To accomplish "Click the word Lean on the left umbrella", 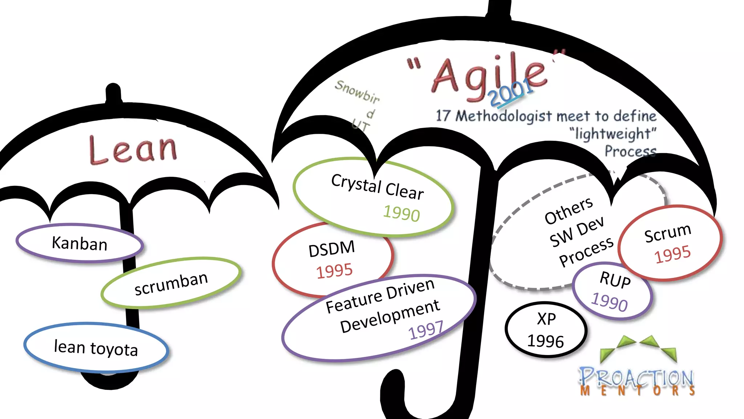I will point(133,149).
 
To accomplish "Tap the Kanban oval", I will point(80,243).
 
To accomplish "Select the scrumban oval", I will point(171,283).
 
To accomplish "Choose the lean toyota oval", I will point(96,348).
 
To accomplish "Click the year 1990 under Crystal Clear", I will point(401,213).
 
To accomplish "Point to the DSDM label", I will point(331,249).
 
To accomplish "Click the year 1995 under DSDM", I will point(334,271).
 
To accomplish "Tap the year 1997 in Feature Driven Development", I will point(426,330).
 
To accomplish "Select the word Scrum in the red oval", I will point(667,233).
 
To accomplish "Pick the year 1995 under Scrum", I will point(672,254).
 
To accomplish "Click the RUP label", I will point(615,280).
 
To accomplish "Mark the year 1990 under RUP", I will point(609,302).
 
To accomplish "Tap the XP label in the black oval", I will point(546,319).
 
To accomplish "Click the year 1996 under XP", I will point(545,341).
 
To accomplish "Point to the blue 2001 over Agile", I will point(510,92).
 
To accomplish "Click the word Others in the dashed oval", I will point(568,211).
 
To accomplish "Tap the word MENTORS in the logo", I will point(637,391).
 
